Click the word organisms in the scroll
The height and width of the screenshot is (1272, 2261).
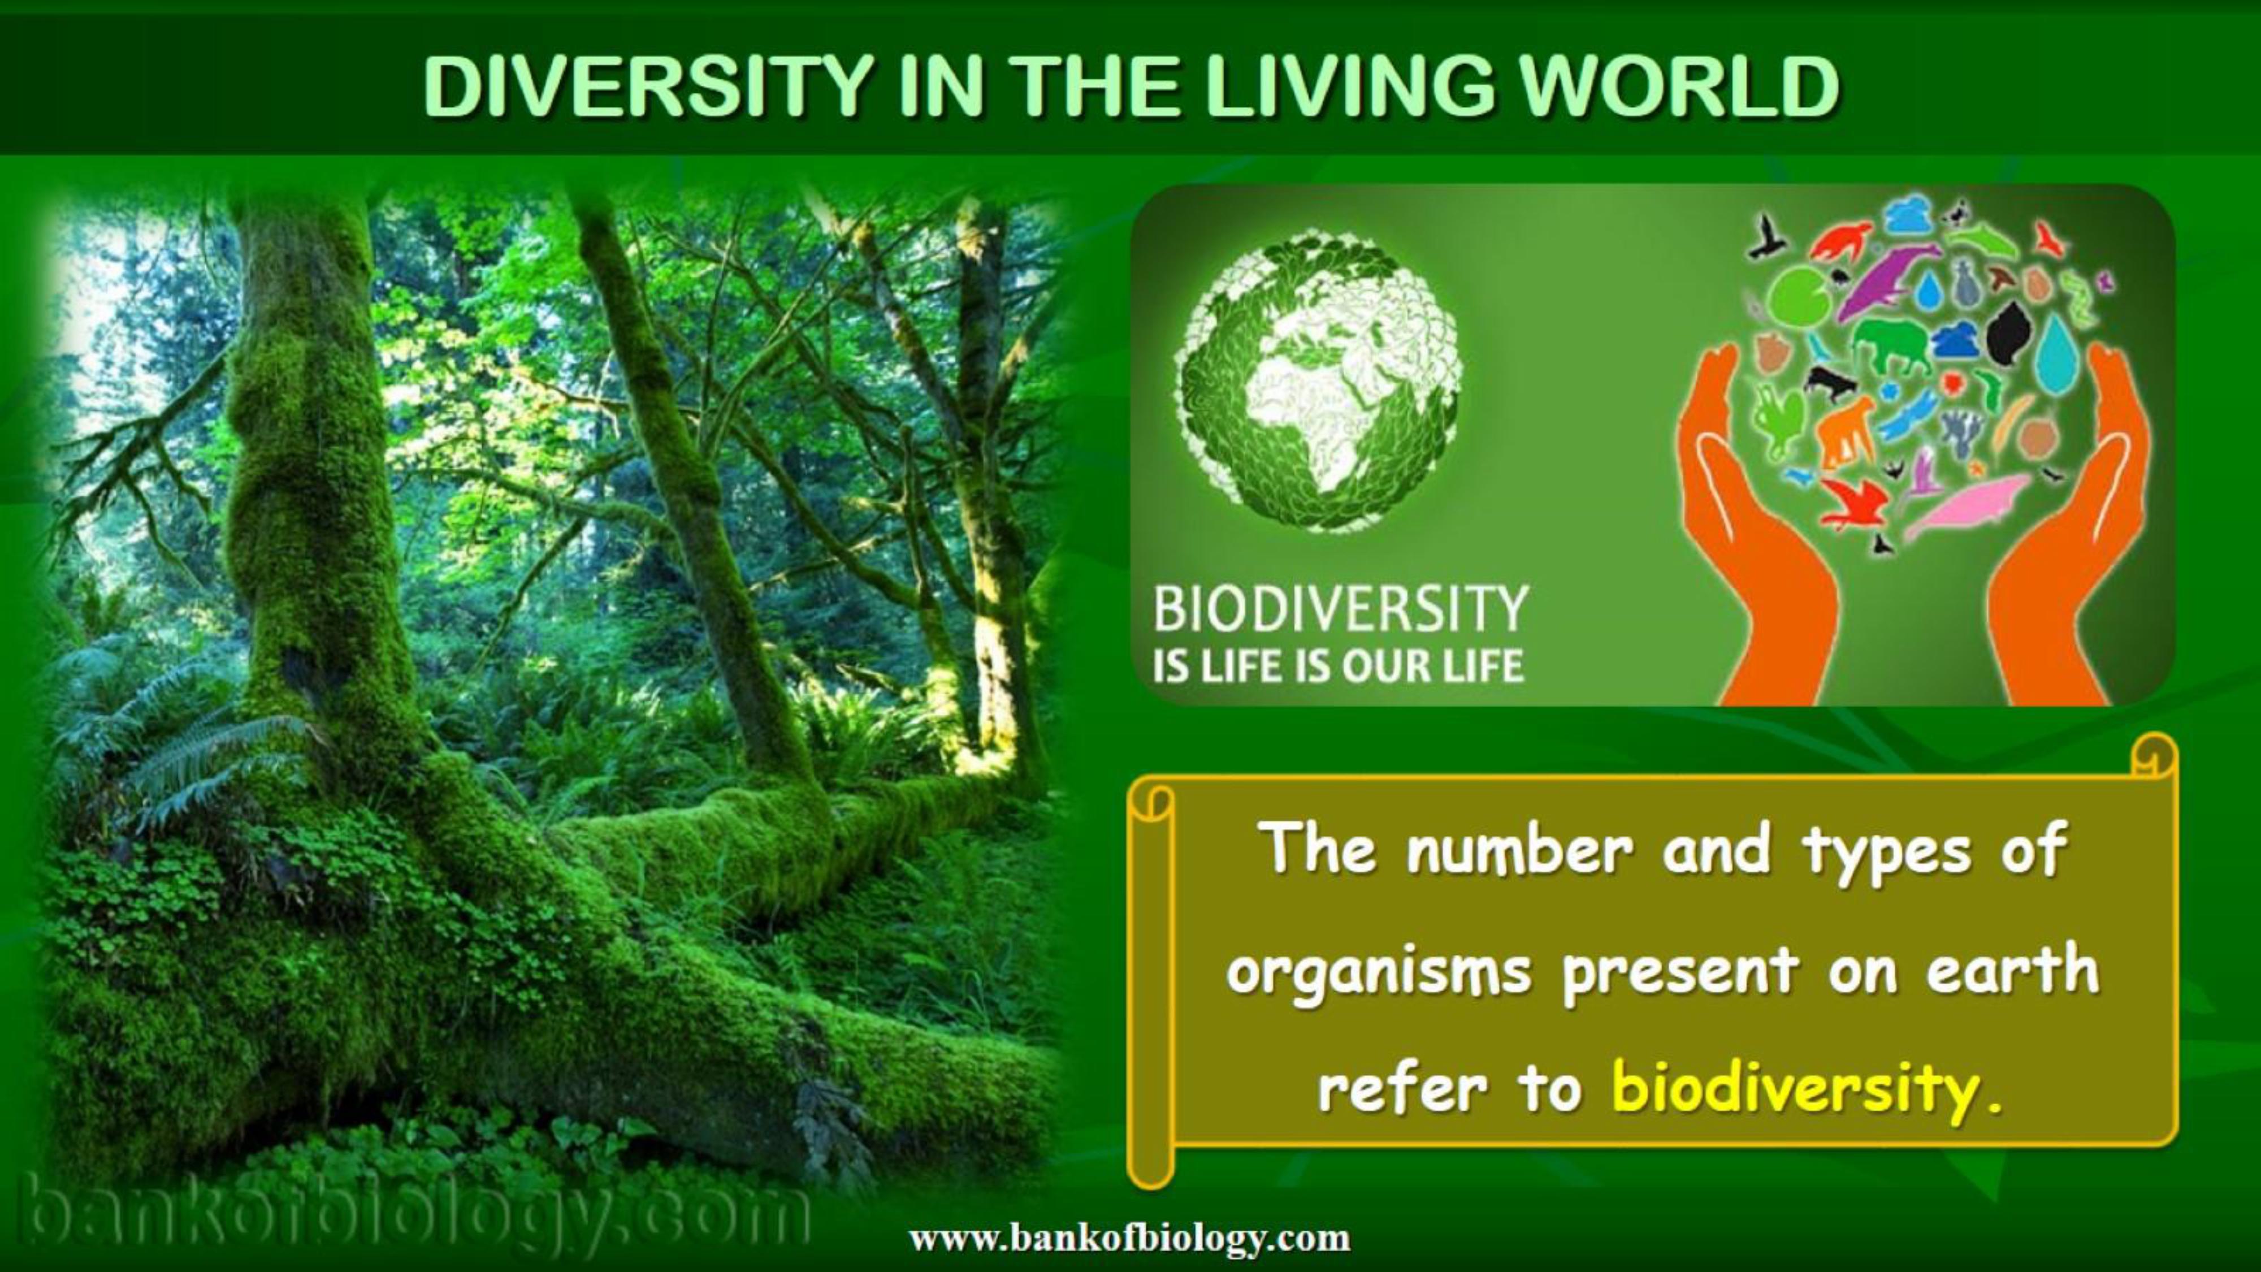pyautogui.click(x=1379, y=972)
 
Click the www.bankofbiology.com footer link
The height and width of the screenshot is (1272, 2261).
pyautogui.click(x=1129, y=1239)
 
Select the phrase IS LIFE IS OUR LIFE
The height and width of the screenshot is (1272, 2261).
pyautogui.click(x=1339, y=667)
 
